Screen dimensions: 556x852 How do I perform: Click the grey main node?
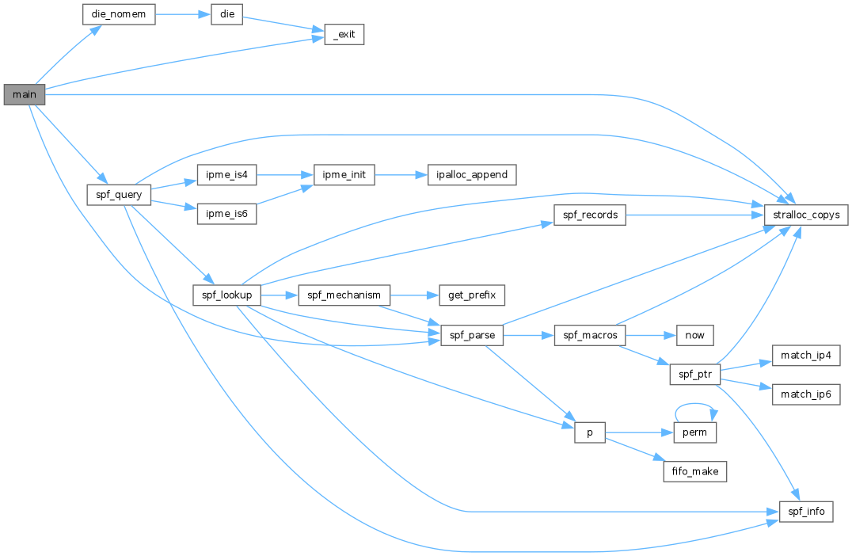tap(24, 94)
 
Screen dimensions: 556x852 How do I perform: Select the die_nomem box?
tap(119, 15)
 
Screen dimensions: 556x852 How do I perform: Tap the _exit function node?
tap(344, 35)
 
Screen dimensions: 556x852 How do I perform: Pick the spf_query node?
tap(118, 194)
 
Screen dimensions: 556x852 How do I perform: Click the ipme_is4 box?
tap(226, 174)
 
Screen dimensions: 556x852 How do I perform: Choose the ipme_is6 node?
tap(226, 213)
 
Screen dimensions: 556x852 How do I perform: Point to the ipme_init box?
tap(344, 174)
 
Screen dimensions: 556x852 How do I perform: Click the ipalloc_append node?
tap(472, 174)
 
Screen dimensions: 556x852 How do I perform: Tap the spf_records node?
tap(590, 215)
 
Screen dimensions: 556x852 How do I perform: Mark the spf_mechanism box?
tap(344, 295)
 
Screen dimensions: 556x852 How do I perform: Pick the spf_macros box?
tap(590, 335)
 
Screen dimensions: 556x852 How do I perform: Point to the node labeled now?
tap(694, 335)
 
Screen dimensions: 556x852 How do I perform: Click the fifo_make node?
tap(694, 471)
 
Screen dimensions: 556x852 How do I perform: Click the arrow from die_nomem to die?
tap(182, 15)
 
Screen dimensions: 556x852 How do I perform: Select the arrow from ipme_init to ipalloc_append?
tap(400, 174)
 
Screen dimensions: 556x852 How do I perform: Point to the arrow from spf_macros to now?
tap(650, 335)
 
